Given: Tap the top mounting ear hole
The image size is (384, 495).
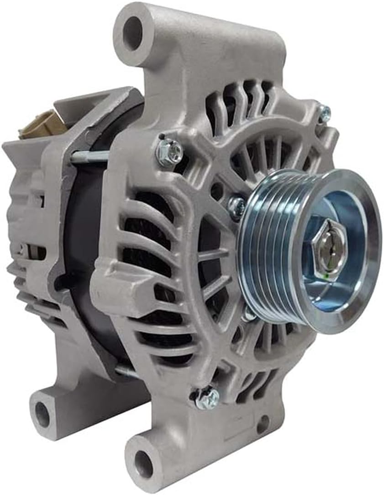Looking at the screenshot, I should [x=132, y=33].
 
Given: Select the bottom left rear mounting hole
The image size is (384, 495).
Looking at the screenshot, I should [x=42, y=414].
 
